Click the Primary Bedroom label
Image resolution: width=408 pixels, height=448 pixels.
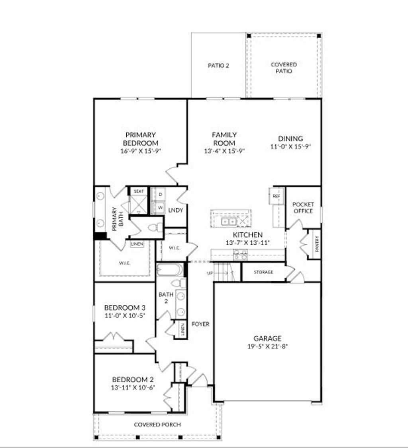pyautogui.click(x=140, y=139)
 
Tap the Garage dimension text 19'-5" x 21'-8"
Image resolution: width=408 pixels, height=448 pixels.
pyautogui.click(x=267, y=347)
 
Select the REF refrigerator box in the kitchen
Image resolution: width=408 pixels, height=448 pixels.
pyautogui.click(x=276, y=196)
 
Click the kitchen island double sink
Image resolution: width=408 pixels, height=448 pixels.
pyautogui.click(x=229, y=221)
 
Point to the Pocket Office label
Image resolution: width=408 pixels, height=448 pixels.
pyautogui.click(x=303, y=207)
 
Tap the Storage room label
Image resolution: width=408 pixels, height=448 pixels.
pyautogui.click(x=263, y=272)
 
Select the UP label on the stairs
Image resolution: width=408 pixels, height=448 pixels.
pyautogui.click(x=210, y=273)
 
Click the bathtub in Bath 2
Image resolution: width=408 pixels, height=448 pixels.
pyautogui.click(x=170, y=270)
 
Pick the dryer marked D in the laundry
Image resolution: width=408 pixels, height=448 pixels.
pyautogui.click(x=161, y=195)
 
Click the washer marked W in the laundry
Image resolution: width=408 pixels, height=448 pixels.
pyautogui.click(x=161, y=207)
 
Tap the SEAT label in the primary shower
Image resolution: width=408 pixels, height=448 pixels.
pyautogui.click(x=138, y=191)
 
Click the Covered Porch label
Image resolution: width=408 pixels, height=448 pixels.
pyautogui.click(x=157, y=425)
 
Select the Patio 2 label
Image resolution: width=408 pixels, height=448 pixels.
pyautogui.click(x=218, y=66)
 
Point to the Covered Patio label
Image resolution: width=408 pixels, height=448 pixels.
pyautogui.click(x=284, y=68)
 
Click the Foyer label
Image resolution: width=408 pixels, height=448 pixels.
pyautogui.click(x=200, y=324)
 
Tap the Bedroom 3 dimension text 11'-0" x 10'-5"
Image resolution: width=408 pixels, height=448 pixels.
pyautogui.click(x=124, y=316)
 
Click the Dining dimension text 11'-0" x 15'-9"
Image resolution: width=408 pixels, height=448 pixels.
pyautogui.click(x=290, y=146)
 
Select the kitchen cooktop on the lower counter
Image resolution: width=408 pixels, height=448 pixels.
pyautogui.click(x=240, y=255)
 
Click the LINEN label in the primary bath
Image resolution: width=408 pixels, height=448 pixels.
pyautogui.click(x=137, y=244)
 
